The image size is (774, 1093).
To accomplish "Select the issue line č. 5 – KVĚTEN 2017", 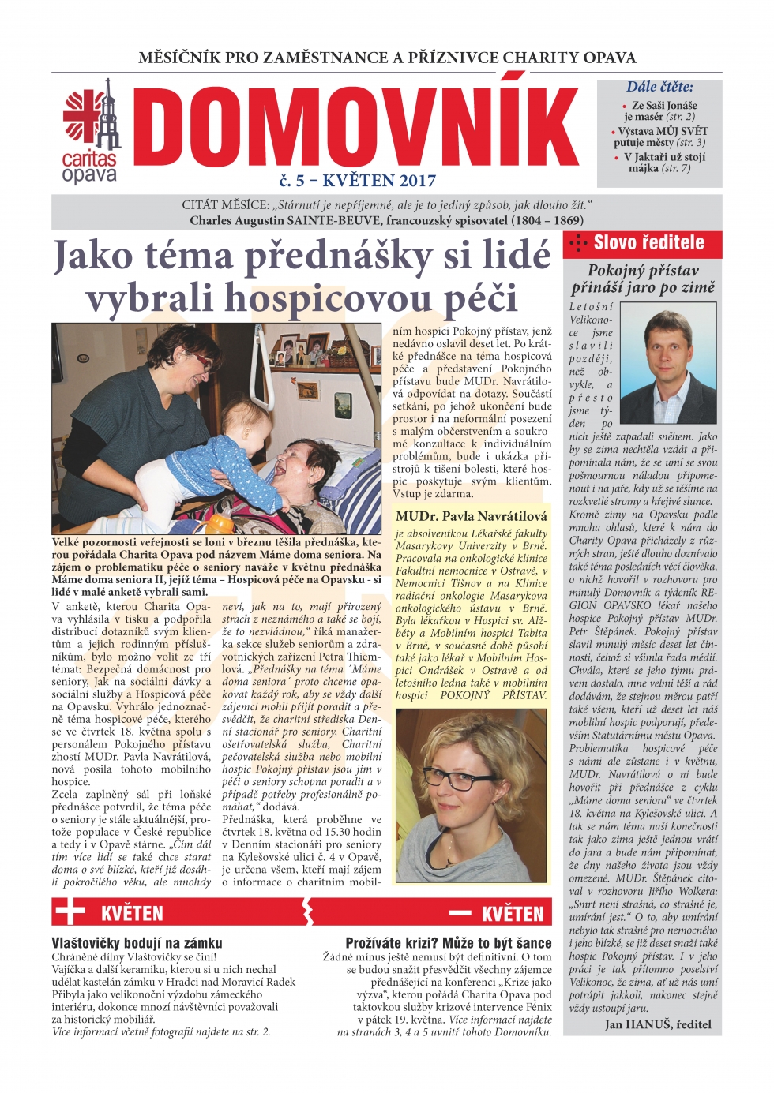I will [x=357, y=181].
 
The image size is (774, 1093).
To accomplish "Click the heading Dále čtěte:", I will [x=659, y=87].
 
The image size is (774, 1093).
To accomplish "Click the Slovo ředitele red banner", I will [x=642, y=243].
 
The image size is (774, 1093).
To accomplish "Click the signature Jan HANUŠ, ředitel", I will [x=658, y=1024].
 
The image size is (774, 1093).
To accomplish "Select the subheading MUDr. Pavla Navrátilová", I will [x=472, y=516].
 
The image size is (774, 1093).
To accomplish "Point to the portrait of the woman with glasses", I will [x=471, y=795].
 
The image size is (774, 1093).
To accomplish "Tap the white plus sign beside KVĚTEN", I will [x=70, y=912].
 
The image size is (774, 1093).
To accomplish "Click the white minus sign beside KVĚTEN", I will [x=460, y=913].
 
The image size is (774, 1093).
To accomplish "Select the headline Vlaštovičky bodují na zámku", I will [x=137, y=943].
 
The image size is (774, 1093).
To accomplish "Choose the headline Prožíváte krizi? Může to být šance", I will [x=449, y=943].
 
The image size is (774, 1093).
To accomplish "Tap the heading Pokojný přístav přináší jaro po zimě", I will [x=643, y=279].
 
